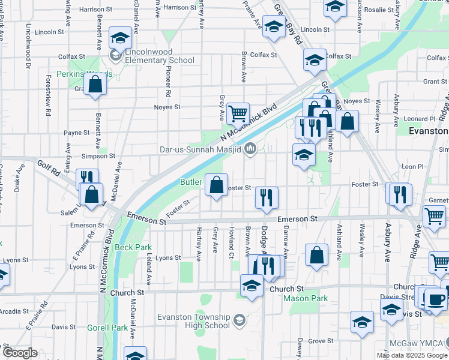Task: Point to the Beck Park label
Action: tap(133, 247)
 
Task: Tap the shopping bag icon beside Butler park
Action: tap(216, 184)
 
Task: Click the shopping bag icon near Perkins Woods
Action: tap(95, 85)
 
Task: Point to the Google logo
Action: tap(20, 353)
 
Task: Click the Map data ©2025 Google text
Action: tap(412, 355)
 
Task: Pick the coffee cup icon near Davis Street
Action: tap(436, 299)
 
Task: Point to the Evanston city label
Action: tap(429, 131)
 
